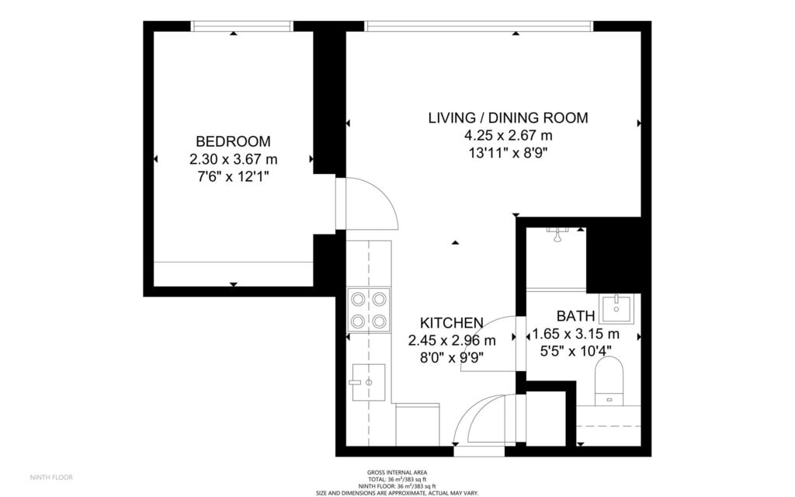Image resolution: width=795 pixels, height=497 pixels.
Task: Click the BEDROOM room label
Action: click(x=233, y=141)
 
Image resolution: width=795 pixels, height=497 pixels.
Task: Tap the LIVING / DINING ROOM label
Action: click(x=508, y=118)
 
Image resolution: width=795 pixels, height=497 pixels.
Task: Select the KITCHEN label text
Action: click(x=451, y=322)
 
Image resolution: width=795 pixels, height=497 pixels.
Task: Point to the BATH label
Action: click(x=575, y=316)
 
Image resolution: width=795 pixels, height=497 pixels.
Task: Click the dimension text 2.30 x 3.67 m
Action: click(x=233, y=159)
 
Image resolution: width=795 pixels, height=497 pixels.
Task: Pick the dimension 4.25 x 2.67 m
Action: click(x=508, y=135)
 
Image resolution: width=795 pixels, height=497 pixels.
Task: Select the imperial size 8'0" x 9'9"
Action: click(x=451, y=358)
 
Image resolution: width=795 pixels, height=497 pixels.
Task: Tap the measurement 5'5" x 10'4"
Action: click(x=575, y=350)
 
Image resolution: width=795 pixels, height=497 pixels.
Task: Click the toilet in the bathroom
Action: click(x=609, y=381)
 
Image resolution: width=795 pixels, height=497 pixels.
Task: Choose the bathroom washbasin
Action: click(x=616, y=309)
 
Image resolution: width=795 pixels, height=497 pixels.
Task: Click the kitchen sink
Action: click(x=369, y=382)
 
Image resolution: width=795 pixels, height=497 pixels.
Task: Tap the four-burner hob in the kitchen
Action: click(x=369, y=310)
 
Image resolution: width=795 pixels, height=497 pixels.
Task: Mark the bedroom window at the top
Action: click(x=242, y=26)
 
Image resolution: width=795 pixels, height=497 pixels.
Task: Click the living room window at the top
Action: click(x=478, y=26)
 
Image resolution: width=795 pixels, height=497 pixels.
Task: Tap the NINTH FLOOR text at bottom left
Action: click(x=51, y=478)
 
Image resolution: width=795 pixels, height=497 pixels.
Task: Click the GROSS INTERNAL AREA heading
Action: click(x=397, y=473)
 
